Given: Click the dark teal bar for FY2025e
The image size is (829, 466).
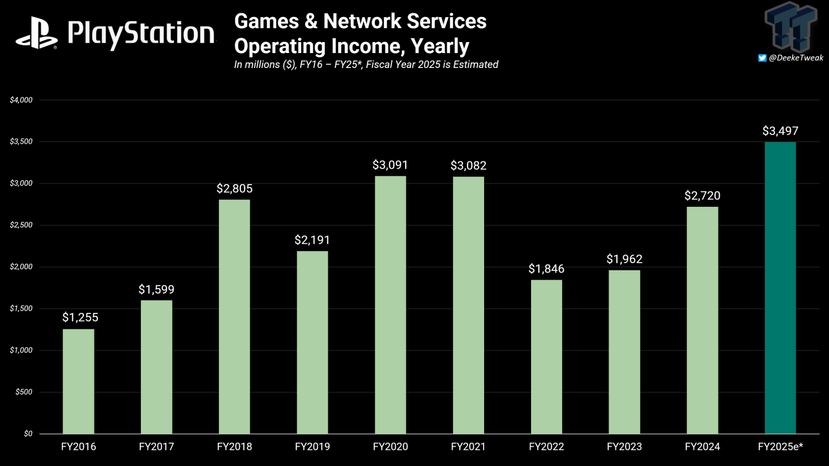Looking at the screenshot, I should point(780,287).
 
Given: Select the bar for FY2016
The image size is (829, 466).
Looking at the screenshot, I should point(78,381).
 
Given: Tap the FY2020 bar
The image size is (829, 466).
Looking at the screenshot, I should point(390,305).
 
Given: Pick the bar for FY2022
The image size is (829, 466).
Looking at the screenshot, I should point(547,357).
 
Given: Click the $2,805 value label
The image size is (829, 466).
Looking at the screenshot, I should point(234,189).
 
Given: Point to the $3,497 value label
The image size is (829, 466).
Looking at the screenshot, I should point(780,131).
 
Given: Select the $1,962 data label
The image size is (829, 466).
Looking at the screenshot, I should point(624,259).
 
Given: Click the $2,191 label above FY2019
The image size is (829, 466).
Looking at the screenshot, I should point(312,240).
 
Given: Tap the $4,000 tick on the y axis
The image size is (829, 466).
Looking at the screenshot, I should point(21,100).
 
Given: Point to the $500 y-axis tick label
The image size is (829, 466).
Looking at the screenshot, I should point(24,392).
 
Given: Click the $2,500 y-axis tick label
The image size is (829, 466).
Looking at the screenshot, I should point(21,225).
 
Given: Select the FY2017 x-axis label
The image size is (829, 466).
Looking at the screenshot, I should point(156,447).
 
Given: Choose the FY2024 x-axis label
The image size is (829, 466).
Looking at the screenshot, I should point(702,447).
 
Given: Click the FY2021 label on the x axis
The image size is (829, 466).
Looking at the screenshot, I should point(468,447).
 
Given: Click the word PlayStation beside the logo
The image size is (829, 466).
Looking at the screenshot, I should point(141,34).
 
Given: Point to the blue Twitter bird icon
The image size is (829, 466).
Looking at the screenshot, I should point(762,58).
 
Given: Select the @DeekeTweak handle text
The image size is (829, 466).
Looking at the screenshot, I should point(796,58).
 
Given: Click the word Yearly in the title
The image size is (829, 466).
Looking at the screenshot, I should point(440,46).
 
